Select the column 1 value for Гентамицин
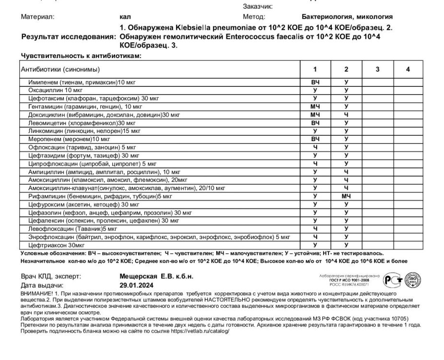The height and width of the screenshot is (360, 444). click(315, 106)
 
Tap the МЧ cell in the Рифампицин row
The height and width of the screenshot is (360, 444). click(346, 196)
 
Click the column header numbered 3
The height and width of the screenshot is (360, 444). click(377, 70)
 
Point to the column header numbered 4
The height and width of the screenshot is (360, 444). click(408, 70)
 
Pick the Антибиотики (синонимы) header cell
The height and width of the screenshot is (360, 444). click(60, 70)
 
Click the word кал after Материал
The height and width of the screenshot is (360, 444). click(123, 16)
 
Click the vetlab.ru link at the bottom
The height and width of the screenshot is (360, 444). click(192, 331)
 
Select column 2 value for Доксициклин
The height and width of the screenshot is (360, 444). click(346, 115)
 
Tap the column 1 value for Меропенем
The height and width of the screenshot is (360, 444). click(315, 139)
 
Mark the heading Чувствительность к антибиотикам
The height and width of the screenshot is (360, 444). click(81, 56)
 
